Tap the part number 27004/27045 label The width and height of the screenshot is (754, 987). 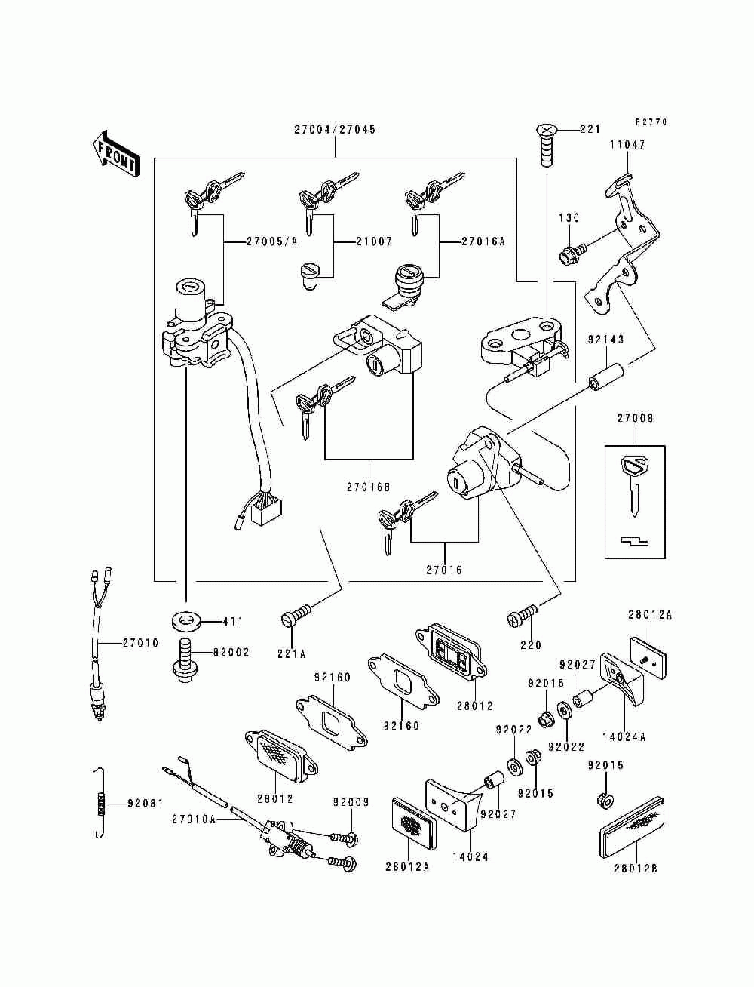point(335,129)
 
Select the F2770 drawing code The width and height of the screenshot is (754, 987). point(651,122)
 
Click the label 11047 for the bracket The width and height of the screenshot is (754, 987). point(627,145)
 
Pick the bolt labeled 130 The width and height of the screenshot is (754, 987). point(570,255)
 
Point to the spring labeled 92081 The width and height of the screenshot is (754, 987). point(98,803)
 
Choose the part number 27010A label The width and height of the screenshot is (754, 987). point(194,819)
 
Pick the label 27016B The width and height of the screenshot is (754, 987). point(369,487)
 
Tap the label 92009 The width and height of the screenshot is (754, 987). point(351,802)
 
